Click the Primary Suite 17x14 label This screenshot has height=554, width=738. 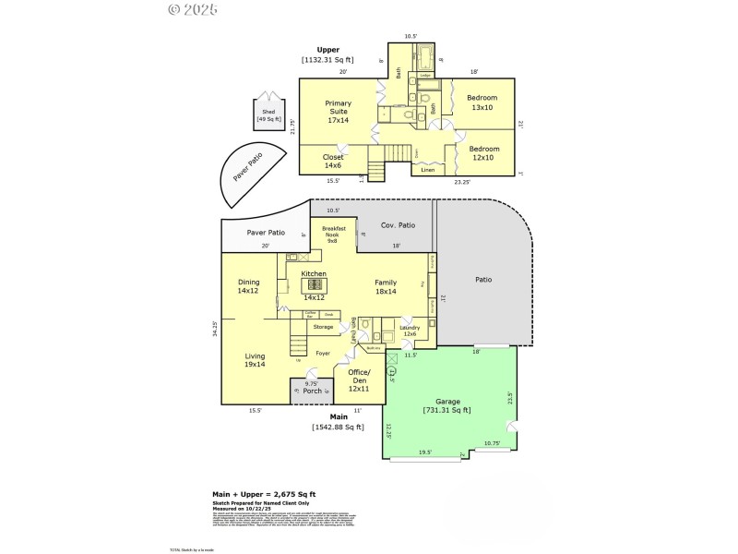click(x=339, y=112)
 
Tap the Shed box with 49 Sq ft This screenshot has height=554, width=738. click(x=268, y=114)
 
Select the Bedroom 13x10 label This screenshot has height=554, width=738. click(x=482, y=102)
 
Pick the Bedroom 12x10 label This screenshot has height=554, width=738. click(x=483, y=153)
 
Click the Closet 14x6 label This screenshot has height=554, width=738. click(x=333, y=161)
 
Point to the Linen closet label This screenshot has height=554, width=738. click(x=428, y=170)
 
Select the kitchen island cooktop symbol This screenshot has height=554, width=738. click(x=314, y=285)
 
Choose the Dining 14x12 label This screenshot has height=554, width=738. click(x=248, y=286)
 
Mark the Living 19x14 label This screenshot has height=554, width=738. click(x=255, y=359)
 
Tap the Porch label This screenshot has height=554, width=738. click(x=311, y=390)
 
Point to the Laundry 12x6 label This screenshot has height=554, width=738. click(x=409, y=331)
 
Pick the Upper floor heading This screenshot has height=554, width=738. click(x=327, y=50)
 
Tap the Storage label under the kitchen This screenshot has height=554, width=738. click(x=323, y=327)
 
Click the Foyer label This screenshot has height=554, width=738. click(x=323, y=353)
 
